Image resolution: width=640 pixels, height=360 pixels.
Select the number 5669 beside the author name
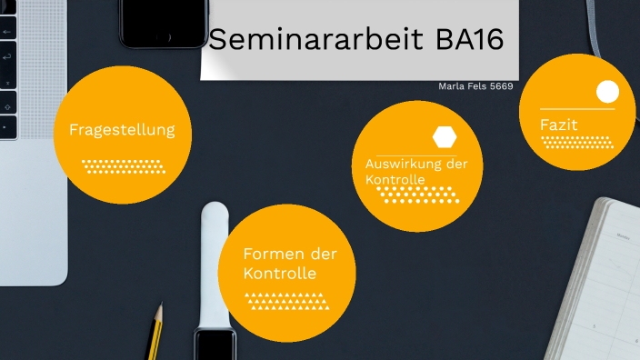501,87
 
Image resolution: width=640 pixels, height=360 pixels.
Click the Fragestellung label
122,130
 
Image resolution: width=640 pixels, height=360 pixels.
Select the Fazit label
559,124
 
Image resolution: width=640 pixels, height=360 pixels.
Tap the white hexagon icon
445,137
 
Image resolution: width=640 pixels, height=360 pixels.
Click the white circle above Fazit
607,92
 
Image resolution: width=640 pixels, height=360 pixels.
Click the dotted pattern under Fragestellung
122,166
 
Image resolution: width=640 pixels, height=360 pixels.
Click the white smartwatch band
215,264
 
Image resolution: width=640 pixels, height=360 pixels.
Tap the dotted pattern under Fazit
576,142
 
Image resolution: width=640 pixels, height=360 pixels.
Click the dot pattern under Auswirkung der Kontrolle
416,195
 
